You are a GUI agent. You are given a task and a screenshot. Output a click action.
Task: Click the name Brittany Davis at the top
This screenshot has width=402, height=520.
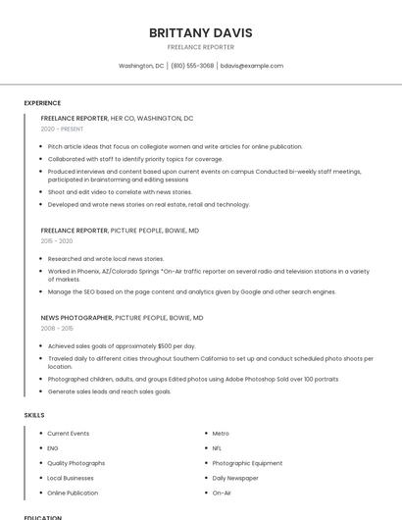point(200,32)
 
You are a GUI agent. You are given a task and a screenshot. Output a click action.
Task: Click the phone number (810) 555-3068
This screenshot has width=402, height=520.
point(192,66)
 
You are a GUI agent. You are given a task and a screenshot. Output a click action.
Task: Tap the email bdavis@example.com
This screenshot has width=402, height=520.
point(251,66)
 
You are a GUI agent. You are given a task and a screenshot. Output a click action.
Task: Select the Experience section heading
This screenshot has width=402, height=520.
point(42,103)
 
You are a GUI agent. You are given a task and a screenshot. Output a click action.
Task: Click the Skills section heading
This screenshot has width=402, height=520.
point(34,415)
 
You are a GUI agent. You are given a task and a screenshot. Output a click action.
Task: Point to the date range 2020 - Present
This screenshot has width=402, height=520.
point(62,129)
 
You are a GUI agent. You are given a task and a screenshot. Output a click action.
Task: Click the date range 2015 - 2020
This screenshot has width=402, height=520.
point(57,240)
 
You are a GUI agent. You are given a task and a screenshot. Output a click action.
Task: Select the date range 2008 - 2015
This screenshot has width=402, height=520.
point(57,329)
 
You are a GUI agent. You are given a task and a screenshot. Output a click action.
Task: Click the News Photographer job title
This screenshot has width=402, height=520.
point(76,318)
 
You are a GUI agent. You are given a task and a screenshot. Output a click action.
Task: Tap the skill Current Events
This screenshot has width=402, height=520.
point(68,434)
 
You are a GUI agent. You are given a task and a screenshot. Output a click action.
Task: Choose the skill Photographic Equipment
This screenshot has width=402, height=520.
point(247,463)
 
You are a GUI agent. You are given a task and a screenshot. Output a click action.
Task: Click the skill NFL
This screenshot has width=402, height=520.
point(217,448)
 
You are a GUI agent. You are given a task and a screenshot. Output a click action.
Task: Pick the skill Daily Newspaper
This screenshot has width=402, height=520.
point(235,478)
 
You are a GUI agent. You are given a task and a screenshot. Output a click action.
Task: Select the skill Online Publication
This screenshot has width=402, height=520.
point(73,493)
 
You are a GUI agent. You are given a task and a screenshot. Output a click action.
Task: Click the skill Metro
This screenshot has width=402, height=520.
point(221,434)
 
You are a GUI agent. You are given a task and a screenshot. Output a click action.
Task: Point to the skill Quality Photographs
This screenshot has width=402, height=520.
point(75,463)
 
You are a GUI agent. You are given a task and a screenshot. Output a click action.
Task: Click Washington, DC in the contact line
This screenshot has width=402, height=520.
point(141,66)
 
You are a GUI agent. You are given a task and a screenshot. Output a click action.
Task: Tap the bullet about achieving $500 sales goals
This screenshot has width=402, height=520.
point(122,346)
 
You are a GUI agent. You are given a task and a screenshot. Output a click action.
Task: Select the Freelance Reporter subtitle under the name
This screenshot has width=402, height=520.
point(200,47)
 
